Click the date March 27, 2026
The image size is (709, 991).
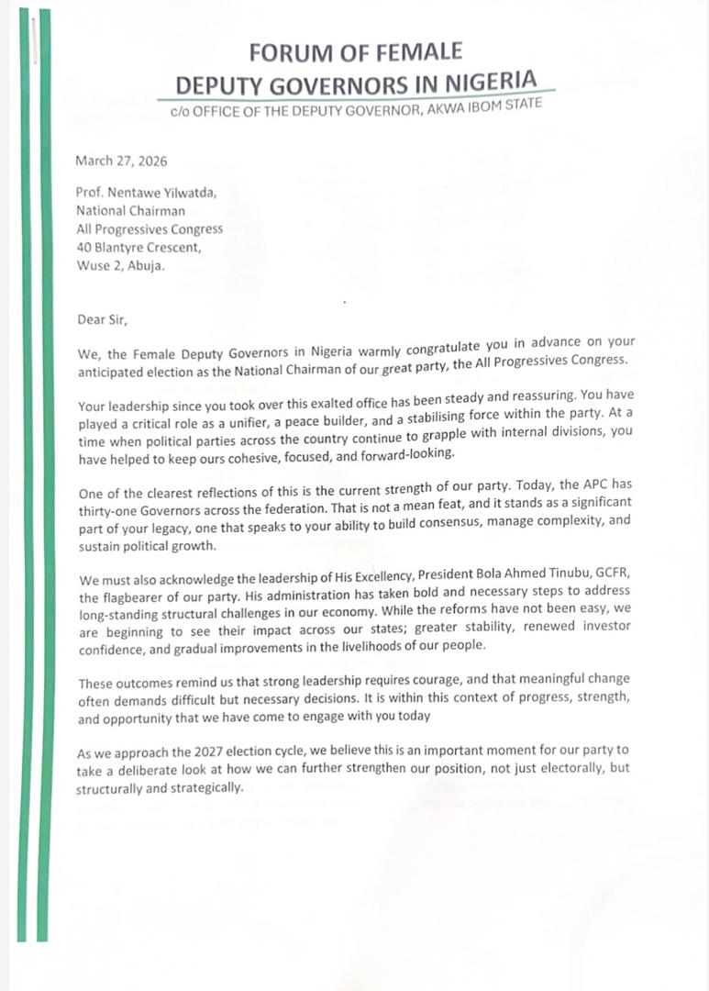(x=122, y=161)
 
